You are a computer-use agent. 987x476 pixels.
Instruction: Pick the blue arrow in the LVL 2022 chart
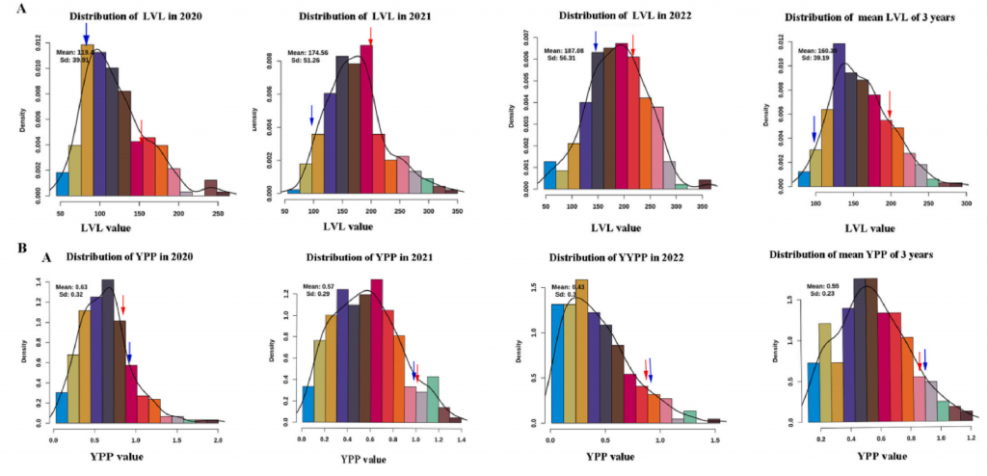(x=596, y=40)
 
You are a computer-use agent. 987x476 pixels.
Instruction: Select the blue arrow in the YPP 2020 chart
(x=129, y=352)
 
